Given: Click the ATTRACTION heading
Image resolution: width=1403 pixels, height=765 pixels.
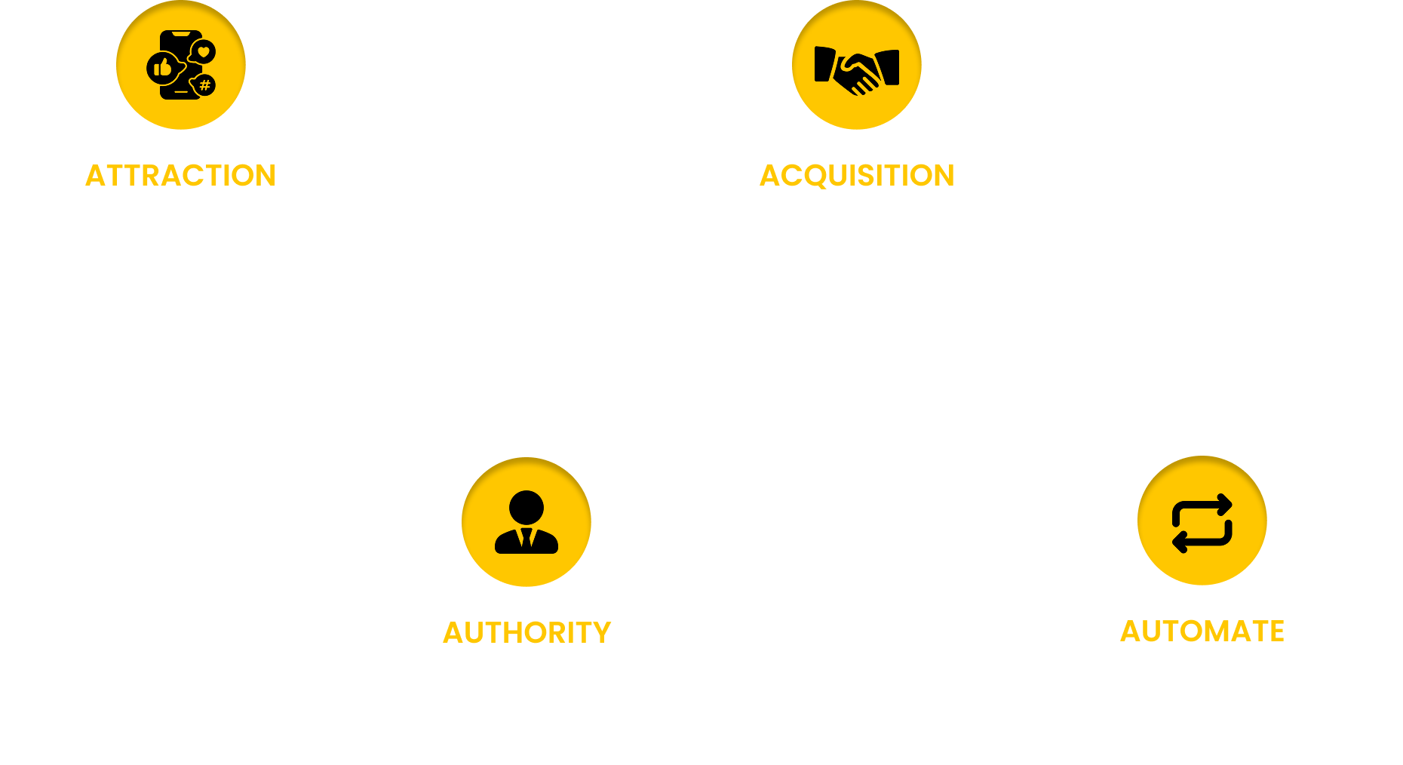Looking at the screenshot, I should tap(180, 176).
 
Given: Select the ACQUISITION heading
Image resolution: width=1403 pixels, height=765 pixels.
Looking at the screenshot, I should tap(857, 176).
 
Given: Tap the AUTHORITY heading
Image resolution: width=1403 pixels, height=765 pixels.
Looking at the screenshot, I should tap(527, 633).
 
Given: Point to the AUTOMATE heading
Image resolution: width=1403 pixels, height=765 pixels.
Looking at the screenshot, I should tap(1202, 631).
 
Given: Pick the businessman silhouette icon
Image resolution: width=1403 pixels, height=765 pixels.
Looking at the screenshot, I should tap(527, 522).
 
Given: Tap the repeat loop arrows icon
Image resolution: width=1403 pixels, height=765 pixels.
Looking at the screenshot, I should tap(1202, 522).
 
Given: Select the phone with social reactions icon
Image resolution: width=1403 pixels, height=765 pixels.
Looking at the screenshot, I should tap(181, 66).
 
